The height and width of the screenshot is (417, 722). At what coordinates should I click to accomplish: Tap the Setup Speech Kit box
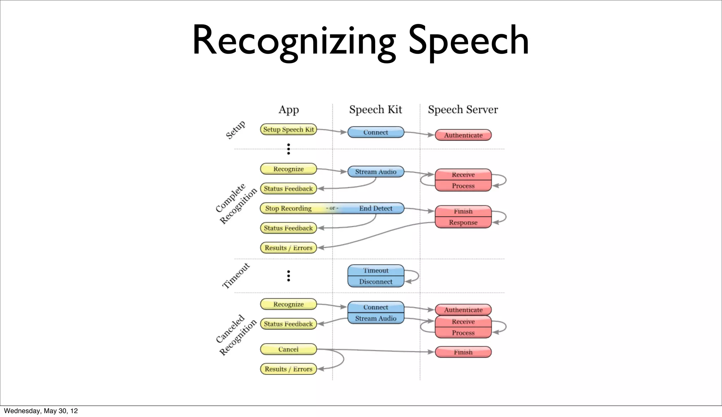tap(288, 130)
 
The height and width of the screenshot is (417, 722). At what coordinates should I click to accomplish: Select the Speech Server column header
tap(463, 110)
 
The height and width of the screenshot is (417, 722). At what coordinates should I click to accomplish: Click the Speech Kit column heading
tap(375, 110)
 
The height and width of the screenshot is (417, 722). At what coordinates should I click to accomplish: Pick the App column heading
tap(288, 110)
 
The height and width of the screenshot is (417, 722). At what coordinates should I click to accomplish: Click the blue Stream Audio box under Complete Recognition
tap(375, 172)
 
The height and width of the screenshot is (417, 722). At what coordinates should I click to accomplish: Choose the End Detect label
tap(375, 208)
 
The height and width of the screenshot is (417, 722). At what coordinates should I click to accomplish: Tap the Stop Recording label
tap(288, 208)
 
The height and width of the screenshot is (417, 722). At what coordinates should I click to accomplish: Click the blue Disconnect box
tap(375, 282)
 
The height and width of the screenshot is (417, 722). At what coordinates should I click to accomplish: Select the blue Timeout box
tap(375, 270)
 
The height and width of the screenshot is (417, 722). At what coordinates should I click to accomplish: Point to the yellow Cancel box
tap(288, 349)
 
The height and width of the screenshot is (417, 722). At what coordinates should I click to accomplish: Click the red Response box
tap(463, 223)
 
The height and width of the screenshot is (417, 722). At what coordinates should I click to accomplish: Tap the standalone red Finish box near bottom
tap(463, 352)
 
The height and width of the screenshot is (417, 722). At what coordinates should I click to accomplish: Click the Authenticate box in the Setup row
tap(463, 135)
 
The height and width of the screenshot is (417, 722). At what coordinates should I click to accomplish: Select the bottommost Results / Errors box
tap(288, 369)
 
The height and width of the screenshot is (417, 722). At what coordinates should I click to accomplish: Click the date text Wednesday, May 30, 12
tap(41, 411)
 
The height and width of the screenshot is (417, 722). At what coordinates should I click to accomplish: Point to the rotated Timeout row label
tap(236, 275)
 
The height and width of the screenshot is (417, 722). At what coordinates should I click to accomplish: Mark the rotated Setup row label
tap(235, 130)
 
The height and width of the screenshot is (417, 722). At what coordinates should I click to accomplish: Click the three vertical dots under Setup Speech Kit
tap(288, 149)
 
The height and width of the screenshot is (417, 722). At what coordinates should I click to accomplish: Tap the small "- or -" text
tap(332, 208)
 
